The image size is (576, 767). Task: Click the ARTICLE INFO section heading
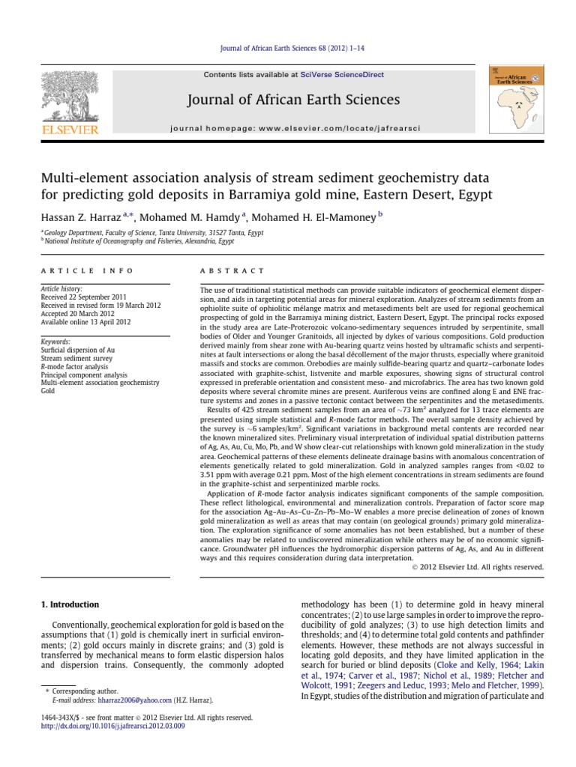(87, 270)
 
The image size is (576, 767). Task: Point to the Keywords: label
(58, 341)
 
